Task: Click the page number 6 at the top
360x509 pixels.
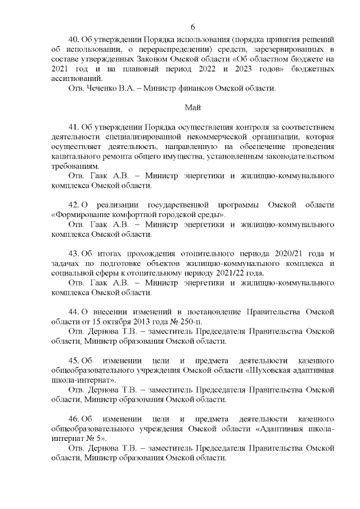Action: pos(193,27)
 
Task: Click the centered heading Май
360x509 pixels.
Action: pos(193,107)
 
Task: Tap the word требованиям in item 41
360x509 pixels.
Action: pos(75,166)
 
